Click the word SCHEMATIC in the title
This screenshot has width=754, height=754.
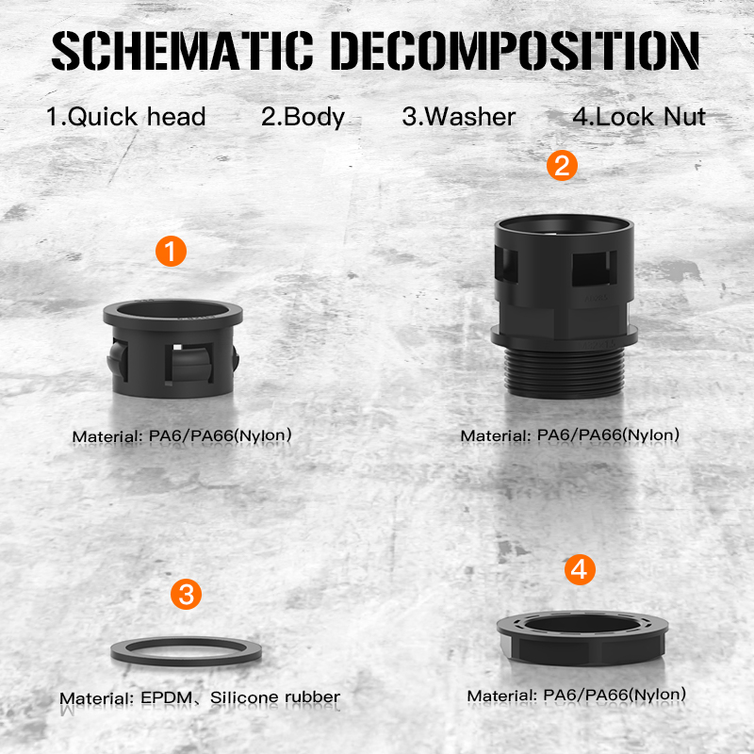(183, 51)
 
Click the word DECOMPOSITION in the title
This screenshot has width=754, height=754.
(515, 51)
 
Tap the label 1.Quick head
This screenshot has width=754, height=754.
(126, 117)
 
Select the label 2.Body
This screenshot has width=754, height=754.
(303, 117)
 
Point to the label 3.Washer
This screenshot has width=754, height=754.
(459, 117)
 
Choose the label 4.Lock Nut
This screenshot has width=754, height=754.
(639, 117)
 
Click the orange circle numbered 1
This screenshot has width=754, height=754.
(172, 251)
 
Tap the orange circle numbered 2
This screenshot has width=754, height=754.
(562, 166)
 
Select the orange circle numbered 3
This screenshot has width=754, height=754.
(186, 595)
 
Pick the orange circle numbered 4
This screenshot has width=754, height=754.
(580, 570)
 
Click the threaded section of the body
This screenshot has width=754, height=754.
(565, 372)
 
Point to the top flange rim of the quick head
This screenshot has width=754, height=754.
(172, 321)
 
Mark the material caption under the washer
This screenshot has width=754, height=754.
(200, 697)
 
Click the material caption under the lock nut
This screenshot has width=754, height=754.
(577, 696)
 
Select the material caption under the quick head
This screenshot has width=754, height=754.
(182, 435)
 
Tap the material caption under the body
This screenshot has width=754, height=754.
(570, 435)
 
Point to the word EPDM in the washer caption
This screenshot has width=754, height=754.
(167, 697)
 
